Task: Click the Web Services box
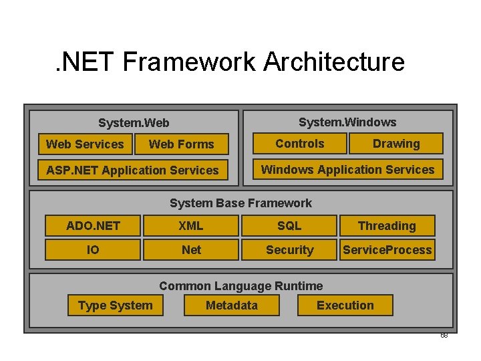[85, 144]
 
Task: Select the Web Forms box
[181, 144]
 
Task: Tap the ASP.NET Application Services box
[132, 170]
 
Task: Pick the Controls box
[300, 143]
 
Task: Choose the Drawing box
[396, 143]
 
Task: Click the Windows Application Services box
[347, 169]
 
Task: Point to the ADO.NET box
[93, 225]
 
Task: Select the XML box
[190, 225]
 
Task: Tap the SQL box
[289, 225]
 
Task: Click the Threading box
[387, 225]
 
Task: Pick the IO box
[93, 249]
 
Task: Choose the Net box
[190, 249]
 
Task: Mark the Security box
[289, 249]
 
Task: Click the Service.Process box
[387, 249]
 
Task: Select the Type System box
[115, 306]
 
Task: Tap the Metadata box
[231, 306]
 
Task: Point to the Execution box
[345, 306]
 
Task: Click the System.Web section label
[134, 123]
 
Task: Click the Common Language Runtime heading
[240, 286]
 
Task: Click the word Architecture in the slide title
[334, 62]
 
